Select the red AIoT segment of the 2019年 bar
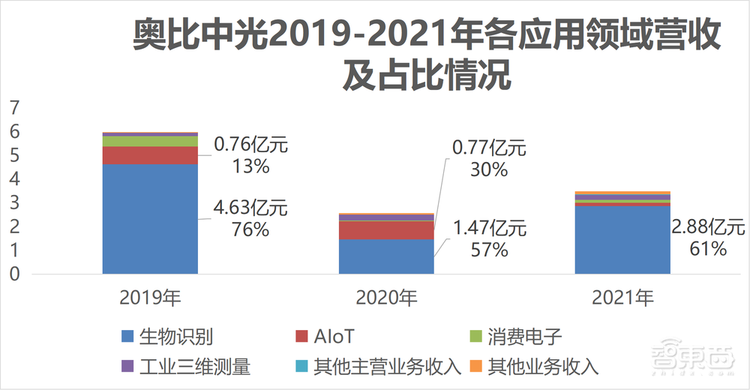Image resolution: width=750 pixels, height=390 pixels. pos(150,155)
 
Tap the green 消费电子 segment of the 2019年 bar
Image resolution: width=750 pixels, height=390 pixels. pos(150,141)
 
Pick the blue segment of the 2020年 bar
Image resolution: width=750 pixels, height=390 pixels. pos(386,256)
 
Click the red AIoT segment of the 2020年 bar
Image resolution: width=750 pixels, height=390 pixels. pos(386,230)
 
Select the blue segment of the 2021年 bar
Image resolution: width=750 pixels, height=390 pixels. pos(622,240)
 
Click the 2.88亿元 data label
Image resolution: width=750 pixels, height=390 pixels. pos(709,226)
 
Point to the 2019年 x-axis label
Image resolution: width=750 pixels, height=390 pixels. pos(150,298)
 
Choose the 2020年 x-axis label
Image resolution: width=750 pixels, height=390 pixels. pos(386,298)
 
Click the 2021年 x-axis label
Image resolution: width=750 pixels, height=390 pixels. pos(622,298)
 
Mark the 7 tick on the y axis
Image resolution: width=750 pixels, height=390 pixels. pos(13,108)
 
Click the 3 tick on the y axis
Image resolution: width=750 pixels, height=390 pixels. pos(13,203)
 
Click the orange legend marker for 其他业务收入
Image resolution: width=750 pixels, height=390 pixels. pos(475,367)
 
